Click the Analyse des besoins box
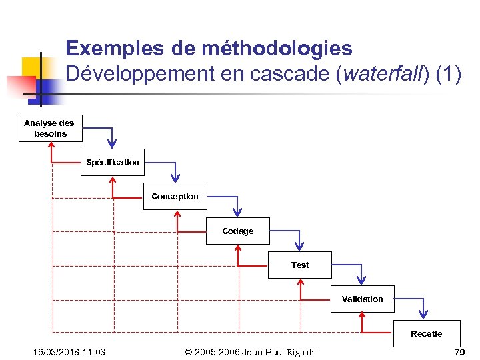coord(49,128)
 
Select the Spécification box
coord(113,162)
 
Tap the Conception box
coord(175,197)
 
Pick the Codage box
coord(238,231)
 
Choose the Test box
coord(300,265)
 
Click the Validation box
coord(362,299)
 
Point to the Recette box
coord(426,333)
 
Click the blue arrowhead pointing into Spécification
coord(113,143)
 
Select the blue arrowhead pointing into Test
coord(299,245)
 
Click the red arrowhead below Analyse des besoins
coord(52,147)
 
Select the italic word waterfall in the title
coord(383,75)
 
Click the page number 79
coord(459,352)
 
